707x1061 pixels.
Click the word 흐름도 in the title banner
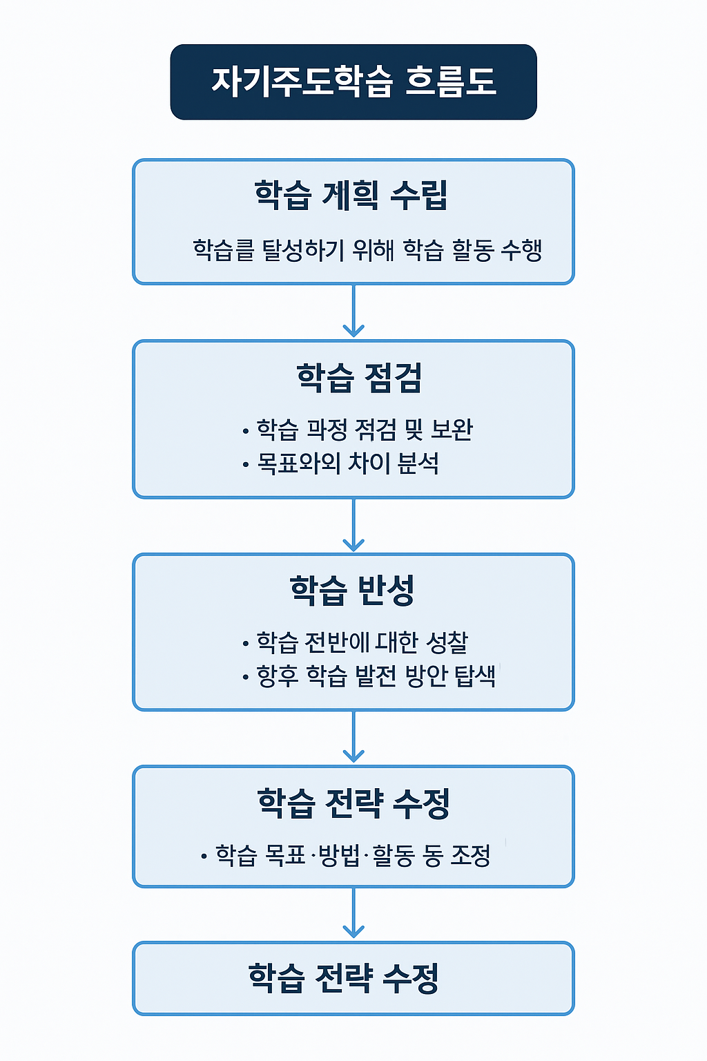point(450,82)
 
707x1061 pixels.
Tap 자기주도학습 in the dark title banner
point(302,82)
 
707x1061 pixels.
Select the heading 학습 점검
point(359,378)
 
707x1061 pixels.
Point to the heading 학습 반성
point(352,591)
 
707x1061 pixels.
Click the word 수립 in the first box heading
point(419,195)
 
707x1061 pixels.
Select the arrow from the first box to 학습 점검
point(353,312)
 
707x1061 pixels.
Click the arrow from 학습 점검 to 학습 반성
point(353,525)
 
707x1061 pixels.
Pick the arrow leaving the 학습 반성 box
point(353,737)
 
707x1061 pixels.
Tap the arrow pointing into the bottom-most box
point(353,913)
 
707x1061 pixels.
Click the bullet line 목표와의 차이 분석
point(348,463)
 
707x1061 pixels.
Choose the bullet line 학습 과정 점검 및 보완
point(365,430)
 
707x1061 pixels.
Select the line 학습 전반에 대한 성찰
point(362,642)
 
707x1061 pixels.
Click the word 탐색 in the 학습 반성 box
point(475,676)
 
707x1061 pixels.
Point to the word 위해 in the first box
point(373,250)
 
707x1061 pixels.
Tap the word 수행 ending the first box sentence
point(521,250)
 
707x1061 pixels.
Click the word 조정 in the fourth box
point(470,856)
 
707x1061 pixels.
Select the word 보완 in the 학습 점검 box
point(452,430)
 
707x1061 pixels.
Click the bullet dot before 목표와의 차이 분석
point(246,465)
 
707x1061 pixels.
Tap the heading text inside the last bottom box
point(344,978)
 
